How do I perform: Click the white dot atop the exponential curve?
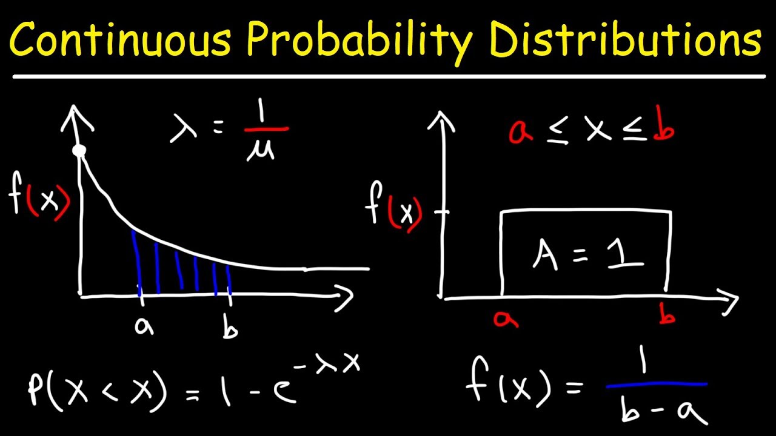pyautogui.click(x=79, y=151)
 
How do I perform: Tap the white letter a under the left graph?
pyautogui.click(x=144, y=327)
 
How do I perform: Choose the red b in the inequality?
pyautogui.click(x=664, y=128)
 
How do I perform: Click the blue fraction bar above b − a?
pyautogui.click(x=657, y=384)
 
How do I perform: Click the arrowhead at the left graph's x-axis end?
pyautogui.click(x=344, y=297)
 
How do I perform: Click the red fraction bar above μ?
pyautogui.click(x=266, y=129)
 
